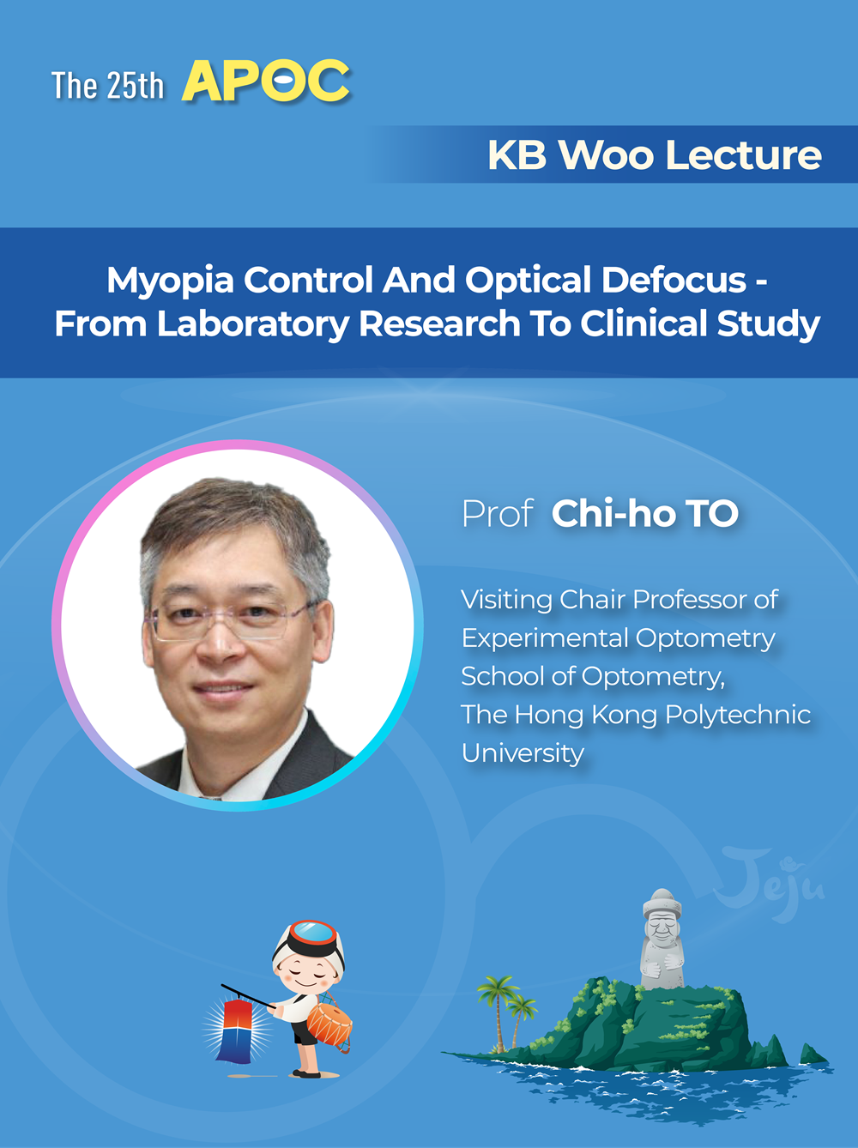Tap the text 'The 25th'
(x=107, y=85)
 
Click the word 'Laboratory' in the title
(x=253, y=324)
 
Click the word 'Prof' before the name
(x=498, y=513)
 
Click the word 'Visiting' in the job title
(x=506, y=600)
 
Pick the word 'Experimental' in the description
(x=545, y=638)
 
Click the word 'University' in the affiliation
(x=523, y=753)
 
